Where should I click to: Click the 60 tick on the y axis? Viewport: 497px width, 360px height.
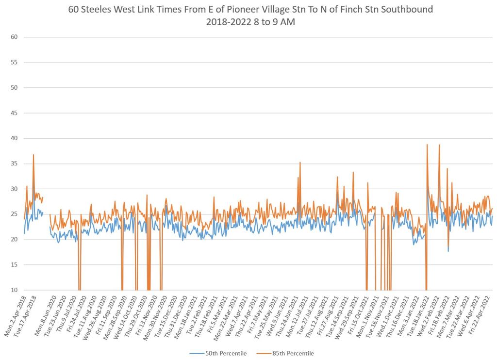point(15,37)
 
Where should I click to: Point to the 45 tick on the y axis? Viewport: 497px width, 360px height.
point(15,113)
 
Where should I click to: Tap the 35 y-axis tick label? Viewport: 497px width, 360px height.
point(15,164)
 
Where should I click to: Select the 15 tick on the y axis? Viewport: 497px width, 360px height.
point(15,265)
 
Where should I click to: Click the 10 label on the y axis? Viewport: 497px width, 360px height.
point(15,290)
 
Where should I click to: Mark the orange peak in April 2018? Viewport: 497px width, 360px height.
point(33,155)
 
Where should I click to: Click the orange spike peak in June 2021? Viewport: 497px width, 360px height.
point(300,163)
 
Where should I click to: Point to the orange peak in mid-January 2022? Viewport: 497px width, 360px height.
point(427,145)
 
